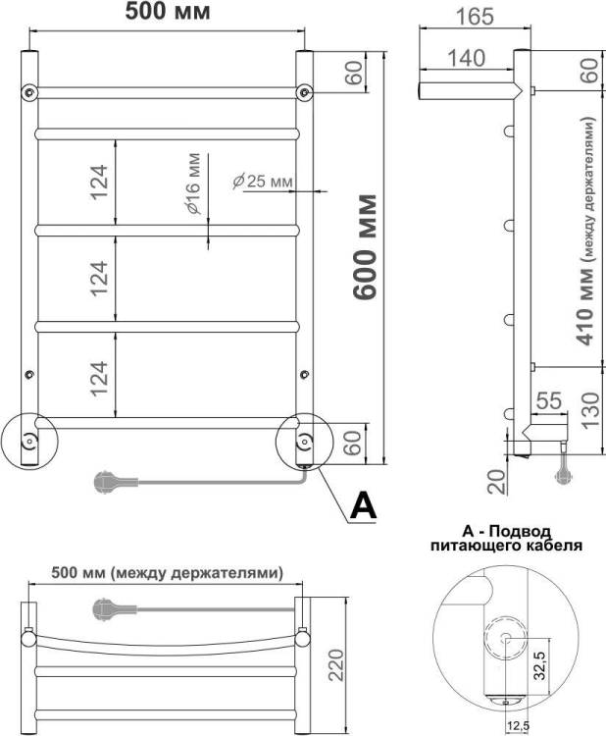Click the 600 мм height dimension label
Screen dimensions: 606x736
point(366,246)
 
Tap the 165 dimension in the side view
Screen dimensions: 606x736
point(476,16)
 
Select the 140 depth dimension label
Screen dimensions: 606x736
point(466,58)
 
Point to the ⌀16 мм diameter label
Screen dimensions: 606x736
point(193,184)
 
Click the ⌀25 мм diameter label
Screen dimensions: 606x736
point(263,182)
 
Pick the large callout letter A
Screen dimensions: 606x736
point(364,505)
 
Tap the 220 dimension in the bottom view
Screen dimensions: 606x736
point(335,665)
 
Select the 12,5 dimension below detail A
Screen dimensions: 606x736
point(518,726)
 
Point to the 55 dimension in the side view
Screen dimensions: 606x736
point(549,400)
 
